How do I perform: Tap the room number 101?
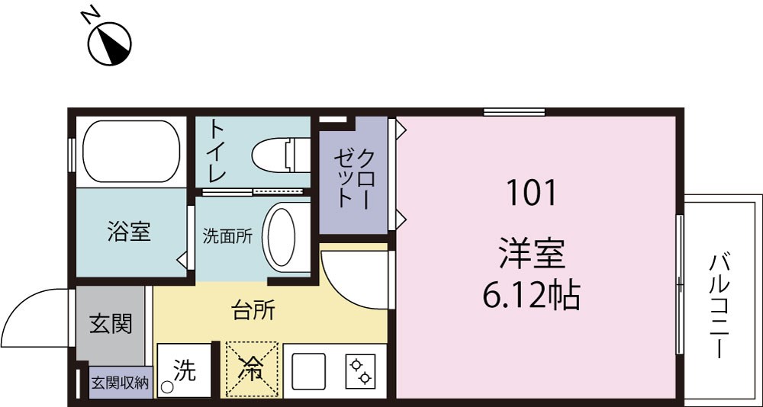point(531,193)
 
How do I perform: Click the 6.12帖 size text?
point(531,295)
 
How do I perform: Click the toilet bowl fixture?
point(281,155)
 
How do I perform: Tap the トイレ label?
point(216,151)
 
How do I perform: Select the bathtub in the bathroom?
point(131,151)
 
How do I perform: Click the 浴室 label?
point(129,232)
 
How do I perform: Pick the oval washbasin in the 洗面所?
point(282,237)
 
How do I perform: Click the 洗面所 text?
point(227,237)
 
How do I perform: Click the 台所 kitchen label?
point(253,311)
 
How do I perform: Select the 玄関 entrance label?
point(111,323)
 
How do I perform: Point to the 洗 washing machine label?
point(185,371)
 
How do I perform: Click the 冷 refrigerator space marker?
point(252,370)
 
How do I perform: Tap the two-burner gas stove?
point(361,371)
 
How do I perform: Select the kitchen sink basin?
point(308,371)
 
